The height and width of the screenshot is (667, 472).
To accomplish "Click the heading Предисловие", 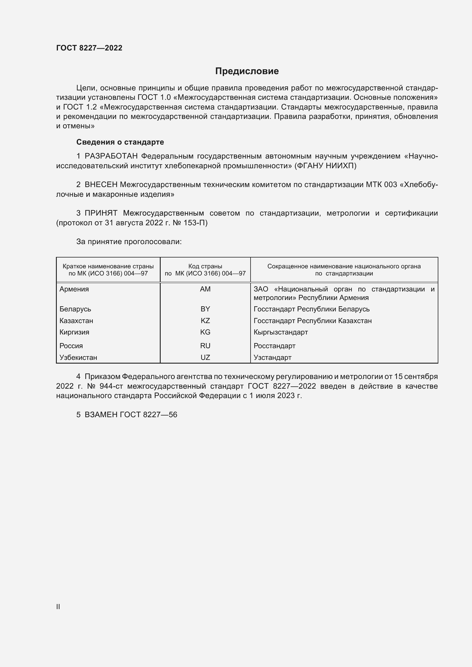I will click(x=247, y=71).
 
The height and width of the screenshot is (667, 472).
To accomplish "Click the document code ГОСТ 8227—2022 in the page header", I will click(x=89, y=48).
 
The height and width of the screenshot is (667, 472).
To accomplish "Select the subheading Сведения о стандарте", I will click(x=120, y=142).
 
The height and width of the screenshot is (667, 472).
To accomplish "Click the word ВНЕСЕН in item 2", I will click(x=101, y=185).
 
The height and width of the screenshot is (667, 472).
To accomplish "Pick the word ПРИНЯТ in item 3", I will click(x=101, y=213).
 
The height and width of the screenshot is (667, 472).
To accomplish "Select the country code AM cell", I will click(x=205, y=289).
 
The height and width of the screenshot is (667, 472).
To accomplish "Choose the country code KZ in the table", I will click(x=205, y=321).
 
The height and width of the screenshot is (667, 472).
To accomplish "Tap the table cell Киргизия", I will click(x=74, y=332).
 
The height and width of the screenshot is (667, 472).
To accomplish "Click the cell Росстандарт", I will click(x=274, y=346).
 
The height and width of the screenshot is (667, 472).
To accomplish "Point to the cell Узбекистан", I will click(x=78, y=358).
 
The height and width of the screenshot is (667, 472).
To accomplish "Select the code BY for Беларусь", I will click(x=205, y=309).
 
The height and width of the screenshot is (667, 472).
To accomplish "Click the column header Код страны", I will click(x=205, y=266).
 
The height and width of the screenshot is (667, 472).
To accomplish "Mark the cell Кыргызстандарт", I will click(x=281, y=332).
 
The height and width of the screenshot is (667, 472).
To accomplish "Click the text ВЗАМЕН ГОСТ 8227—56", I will click(x=131, y=415).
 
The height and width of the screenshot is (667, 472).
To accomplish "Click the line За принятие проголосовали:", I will click(x=129, y=242).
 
